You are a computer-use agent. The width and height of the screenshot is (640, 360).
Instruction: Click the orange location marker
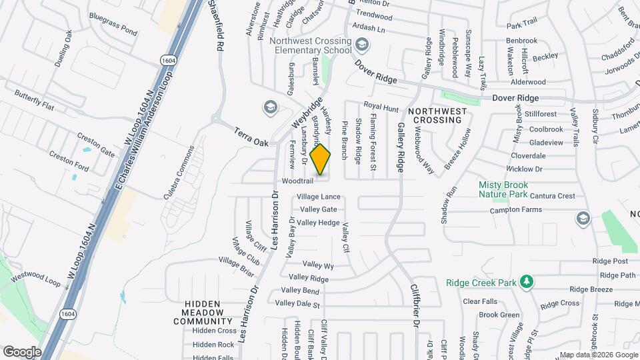[321, 160]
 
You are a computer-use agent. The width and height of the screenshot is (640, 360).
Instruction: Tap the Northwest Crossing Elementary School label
[310, 45]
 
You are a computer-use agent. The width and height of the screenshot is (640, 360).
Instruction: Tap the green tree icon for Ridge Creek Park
[527, 282]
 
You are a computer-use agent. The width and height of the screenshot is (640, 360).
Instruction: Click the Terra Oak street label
[251, 138]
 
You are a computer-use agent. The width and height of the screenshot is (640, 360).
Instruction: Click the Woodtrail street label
[297, 181]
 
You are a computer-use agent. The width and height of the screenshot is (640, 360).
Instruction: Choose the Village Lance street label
[319, 197]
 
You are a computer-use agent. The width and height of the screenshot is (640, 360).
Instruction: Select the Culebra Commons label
[179, 173]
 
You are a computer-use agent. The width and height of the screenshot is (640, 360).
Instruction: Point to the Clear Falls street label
[480, 301]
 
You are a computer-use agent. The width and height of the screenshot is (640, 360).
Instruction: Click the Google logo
[22, 351]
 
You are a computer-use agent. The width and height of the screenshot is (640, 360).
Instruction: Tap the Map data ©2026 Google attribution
[598, 355]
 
